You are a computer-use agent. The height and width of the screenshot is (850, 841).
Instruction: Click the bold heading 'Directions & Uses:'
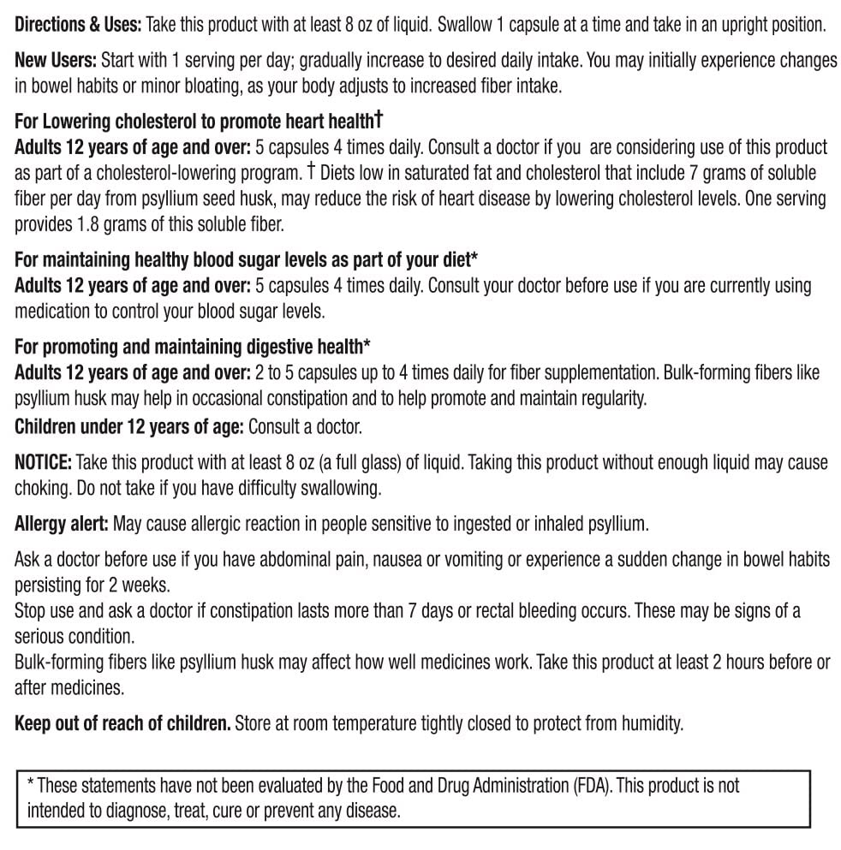(x=78, y=25)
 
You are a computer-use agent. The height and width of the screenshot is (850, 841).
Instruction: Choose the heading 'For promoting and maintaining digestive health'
(x=193, y=347)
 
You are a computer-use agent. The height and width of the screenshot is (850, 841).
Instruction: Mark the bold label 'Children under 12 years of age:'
(x=129, y=425)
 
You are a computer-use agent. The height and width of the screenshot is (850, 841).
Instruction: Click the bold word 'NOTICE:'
(x=43, y=462)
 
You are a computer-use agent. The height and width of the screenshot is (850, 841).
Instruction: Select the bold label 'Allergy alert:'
(x=61, y=523)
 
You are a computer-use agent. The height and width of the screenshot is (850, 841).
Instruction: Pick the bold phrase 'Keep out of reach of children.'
(x=122, y=723)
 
